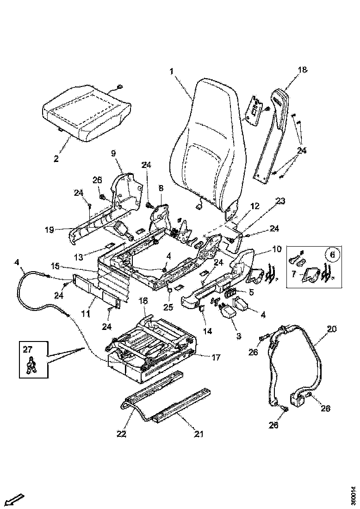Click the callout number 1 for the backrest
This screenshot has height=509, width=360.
pyautogui.click(x=171, y=72)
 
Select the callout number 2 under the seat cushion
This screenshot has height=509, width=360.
pyautogui.click(x=56, y=159)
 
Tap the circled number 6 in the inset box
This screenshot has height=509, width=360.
pyautogui.click(x=330, y=254)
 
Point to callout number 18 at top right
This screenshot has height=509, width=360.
pyautogui.click(x=302, y=70)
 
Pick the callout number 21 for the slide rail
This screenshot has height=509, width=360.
pyautogui.click(x=199, y=434)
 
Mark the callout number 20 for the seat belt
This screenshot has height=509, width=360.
pyautogui.click(x=332, y=329)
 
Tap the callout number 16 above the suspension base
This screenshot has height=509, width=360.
pyautogui.click(x=143, y=301)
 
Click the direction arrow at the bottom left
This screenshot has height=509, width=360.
pyautogui.click(x=16, y=499)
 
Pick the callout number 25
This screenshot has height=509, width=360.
pyautogui.click(x=169, y=307)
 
